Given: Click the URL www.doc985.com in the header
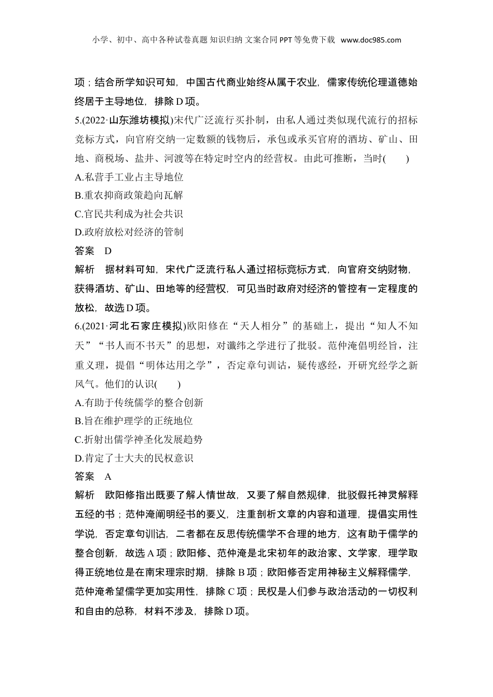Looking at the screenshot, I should [371, 40].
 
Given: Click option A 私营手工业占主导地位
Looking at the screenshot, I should [129, 177].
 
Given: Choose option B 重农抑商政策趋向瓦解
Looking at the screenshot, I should [129, 196].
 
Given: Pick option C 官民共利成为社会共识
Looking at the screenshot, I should [129, 214].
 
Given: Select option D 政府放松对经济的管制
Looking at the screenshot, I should [129, 232].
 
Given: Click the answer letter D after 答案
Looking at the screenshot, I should [108, 251].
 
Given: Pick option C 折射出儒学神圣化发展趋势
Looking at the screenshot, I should [139, 440].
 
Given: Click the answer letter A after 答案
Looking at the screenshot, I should [108, 477].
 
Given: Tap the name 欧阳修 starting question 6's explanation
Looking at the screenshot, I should [119, 495].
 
